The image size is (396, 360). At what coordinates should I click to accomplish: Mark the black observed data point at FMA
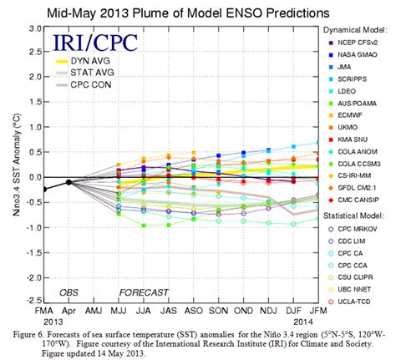[44, 190]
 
